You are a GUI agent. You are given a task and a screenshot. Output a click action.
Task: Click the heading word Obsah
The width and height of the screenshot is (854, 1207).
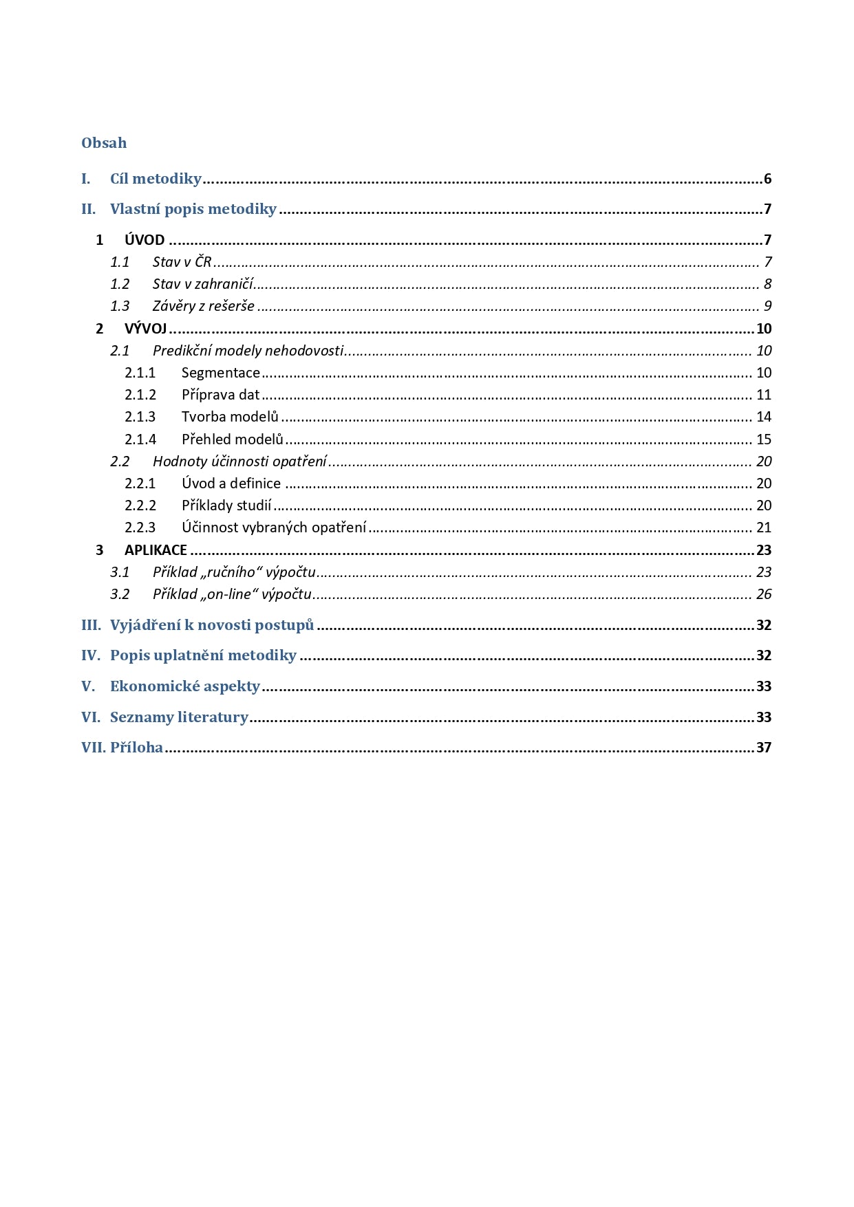tap(104, 143)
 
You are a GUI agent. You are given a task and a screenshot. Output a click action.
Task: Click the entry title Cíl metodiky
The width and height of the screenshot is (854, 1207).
tap(156, 179)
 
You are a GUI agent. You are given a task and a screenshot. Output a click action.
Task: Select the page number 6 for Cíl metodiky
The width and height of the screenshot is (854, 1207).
tap(767, 180)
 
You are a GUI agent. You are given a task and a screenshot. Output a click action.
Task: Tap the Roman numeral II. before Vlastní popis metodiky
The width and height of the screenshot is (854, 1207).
tap(89, 209)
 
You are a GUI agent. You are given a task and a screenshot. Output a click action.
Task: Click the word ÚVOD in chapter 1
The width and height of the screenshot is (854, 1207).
tap(145, 240)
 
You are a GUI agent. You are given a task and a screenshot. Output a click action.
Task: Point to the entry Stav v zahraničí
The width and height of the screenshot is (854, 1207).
tap(203, 284)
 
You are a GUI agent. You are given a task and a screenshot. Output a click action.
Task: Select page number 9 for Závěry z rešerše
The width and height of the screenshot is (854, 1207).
tap(767, 306)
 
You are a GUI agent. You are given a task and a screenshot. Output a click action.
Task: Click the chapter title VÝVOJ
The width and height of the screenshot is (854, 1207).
tap(145, 329)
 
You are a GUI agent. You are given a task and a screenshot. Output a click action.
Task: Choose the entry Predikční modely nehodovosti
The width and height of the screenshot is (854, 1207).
tap(248, 351)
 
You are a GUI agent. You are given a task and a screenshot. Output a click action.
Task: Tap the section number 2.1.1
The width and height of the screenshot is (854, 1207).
tap(140, 373)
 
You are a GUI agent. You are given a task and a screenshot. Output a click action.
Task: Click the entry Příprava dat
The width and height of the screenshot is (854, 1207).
tap(220, 395)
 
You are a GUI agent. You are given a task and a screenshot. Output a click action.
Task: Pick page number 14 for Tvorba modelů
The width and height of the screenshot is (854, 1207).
tap(764, 417)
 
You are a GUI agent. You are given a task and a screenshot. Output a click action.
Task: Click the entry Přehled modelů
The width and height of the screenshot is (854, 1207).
tap(232, 439)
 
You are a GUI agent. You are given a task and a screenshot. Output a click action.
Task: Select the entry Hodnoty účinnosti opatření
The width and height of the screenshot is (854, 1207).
tap(239, 461)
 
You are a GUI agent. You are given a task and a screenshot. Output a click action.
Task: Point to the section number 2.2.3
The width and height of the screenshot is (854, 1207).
tap(140, 528)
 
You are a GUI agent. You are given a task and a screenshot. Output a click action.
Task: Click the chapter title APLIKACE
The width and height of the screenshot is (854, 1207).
tap(156, 550)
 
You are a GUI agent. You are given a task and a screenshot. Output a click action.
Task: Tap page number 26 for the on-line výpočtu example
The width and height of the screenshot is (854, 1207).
tap(764, 594)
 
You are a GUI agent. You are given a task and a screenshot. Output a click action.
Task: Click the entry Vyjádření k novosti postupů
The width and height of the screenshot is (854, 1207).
tap(212, 625)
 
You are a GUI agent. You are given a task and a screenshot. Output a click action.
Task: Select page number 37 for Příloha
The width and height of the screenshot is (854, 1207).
tap(764, 748)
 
